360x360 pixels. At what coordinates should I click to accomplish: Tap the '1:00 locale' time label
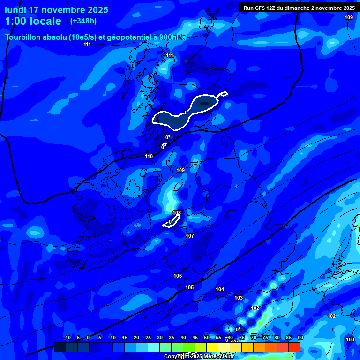coord(33,21)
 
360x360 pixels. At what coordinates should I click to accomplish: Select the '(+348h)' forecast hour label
coord(83,21)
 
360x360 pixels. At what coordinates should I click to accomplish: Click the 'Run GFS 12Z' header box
coord(299,8)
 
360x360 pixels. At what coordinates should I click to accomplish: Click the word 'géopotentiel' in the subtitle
coord(133,37)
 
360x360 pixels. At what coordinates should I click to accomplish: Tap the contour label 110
coord(149,156)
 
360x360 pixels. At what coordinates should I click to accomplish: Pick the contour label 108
coord(177,213)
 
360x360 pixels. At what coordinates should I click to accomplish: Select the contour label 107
coord(190,236)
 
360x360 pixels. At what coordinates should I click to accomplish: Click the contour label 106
coord(178,276)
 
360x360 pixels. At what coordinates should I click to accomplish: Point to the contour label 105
coord(189,287)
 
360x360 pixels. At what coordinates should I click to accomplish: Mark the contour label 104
coord(220,289)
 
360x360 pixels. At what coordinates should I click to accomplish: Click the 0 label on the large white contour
coord(186,112)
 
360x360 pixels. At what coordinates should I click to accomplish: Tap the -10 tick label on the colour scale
coord(67,337)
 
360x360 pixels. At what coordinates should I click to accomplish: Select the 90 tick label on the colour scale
coord(300,337)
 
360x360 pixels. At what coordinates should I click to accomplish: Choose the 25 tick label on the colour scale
coord(148,337)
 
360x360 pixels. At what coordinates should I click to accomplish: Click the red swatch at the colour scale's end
coord(294,347)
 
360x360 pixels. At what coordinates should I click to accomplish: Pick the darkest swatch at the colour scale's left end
coord(60,347)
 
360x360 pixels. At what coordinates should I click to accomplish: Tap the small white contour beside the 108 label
coord(172,222)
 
